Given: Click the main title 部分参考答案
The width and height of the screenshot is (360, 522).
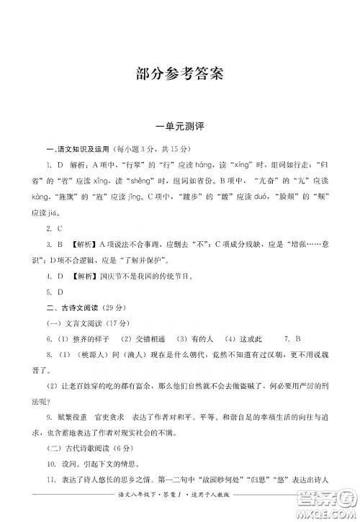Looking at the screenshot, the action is (179, 73).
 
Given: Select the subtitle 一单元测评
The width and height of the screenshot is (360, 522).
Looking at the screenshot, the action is (179, 126).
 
